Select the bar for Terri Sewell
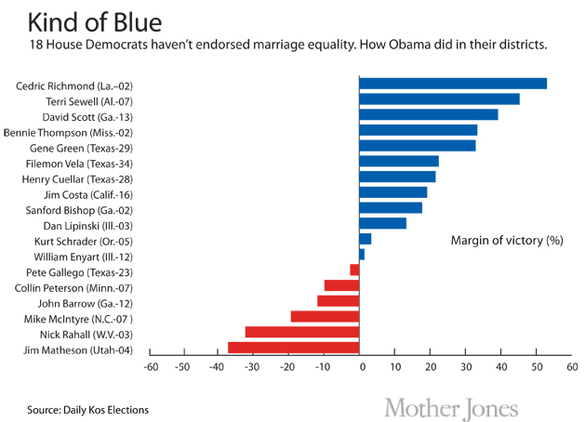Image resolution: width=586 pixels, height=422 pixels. pyautogui.click(x=439, y=99)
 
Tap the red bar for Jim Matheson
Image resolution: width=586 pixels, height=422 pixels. pyautogui.click(x=294, y=348)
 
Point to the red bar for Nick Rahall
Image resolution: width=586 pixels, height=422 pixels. pyautogui.click(x=302, y=332)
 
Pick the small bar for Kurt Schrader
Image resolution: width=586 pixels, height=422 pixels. pyautogui.click(x=366, y=239)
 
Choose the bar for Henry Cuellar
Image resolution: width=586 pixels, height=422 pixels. pyautogui.click(x=397, y=177)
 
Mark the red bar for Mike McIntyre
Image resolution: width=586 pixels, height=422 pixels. pyautogui.click(x=325, y=316)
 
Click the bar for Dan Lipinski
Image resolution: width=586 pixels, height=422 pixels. pyautogui.click(x=382, y=223)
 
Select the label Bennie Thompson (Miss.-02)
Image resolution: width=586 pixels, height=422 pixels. pyautogui.click(x=75, y=131)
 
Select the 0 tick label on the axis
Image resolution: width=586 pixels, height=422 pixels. pyautogui.click(x=360, y=367)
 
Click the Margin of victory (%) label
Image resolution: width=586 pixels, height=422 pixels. pyautogui.click(x=507, y=240)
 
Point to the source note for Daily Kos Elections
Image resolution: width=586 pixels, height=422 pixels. pyautogui.click(x=87, y=409)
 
